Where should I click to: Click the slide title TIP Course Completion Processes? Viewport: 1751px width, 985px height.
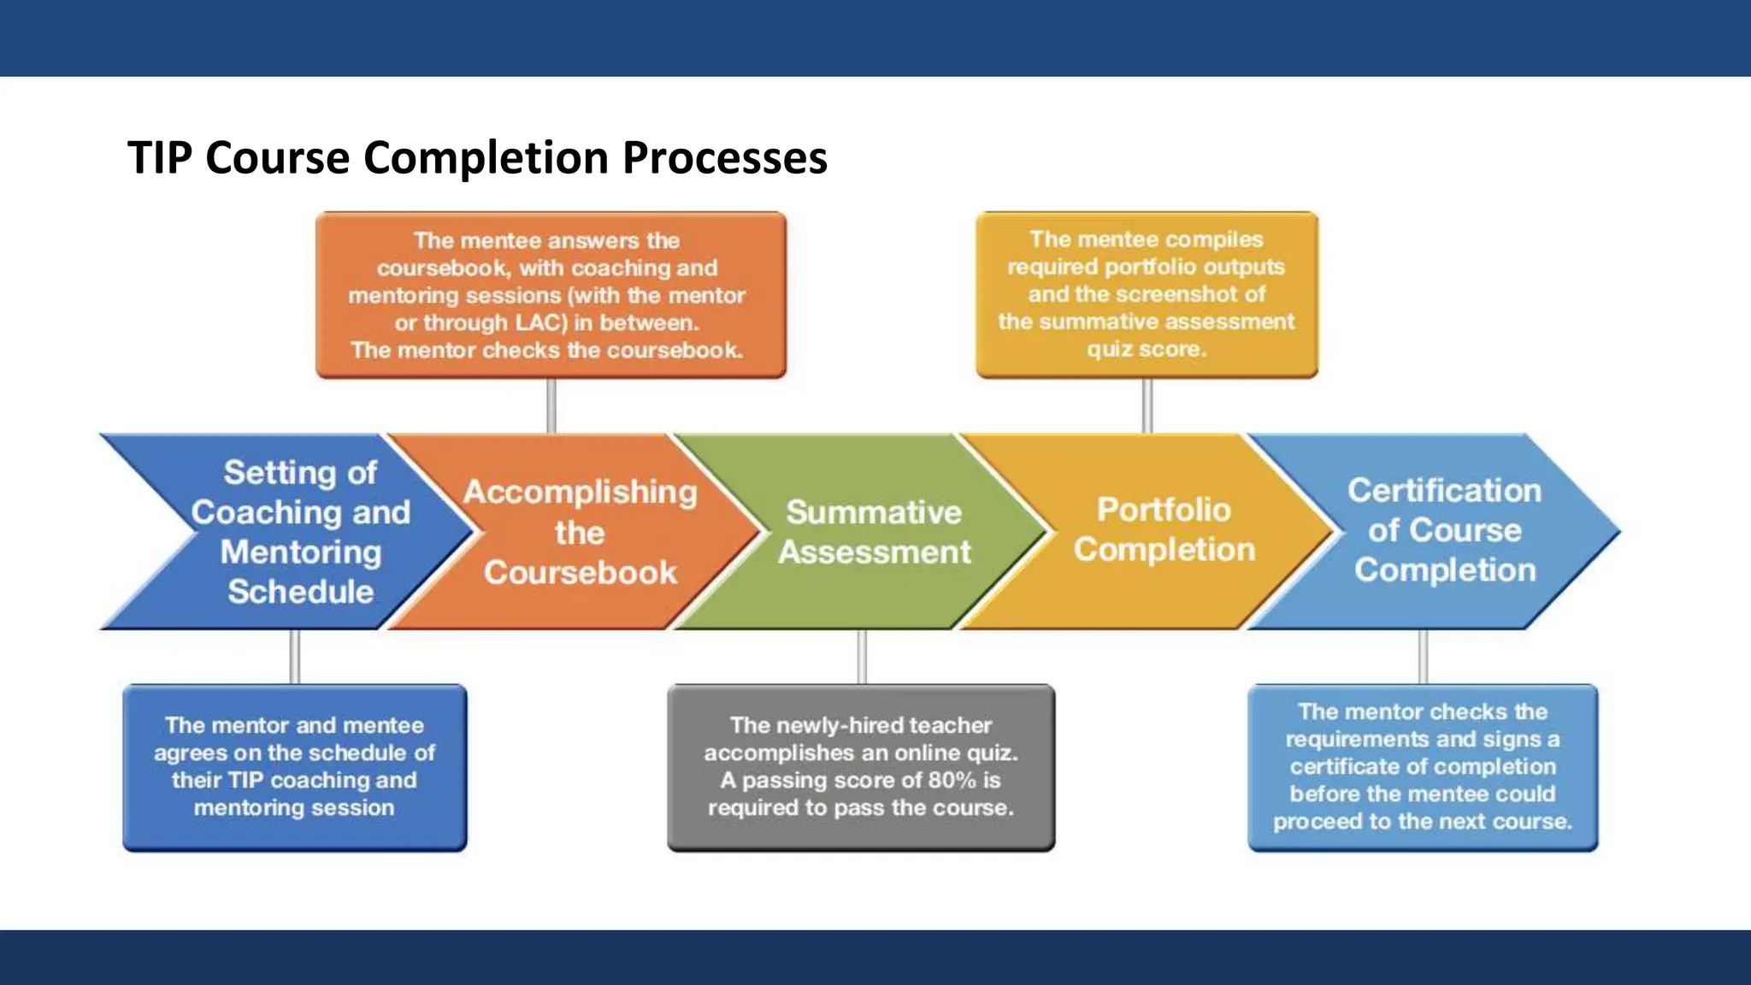[x=477, y=158]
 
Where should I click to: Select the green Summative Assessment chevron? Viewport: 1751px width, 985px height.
[x=874, y=532]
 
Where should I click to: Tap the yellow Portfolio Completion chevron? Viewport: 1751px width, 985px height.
[x=1164, y=530]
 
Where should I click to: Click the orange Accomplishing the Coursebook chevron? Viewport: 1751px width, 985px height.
[x=580, y=532]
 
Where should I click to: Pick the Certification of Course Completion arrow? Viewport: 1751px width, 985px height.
[x=1445, y=530]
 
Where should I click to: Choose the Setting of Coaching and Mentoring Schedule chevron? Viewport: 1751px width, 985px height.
[x=300, y=532]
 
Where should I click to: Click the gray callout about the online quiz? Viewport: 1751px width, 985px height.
[x=861, y=767]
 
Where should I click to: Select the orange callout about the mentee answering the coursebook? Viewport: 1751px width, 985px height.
[x=550, y=295]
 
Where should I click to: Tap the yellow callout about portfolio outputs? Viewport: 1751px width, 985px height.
[x=1147, y=294]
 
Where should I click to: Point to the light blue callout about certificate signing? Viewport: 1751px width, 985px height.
[x=1422, y=767]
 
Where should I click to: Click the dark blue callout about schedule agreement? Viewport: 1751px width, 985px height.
[x=294, y=767]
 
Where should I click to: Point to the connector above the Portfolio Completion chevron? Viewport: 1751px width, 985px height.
[x=1147, y=406]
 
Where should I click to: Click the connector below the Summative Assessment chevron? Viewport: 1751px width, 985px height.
[x=862, y=657]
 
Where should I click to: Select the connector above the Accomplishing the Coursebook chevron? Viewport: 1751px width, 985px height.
[x=551, y=406]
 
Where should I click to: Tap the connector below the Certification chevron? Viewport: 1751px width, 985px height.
[x=1423, y=657]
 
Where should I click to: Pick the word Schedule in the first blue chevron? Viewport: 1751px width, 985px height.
[x=300, y=592]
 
